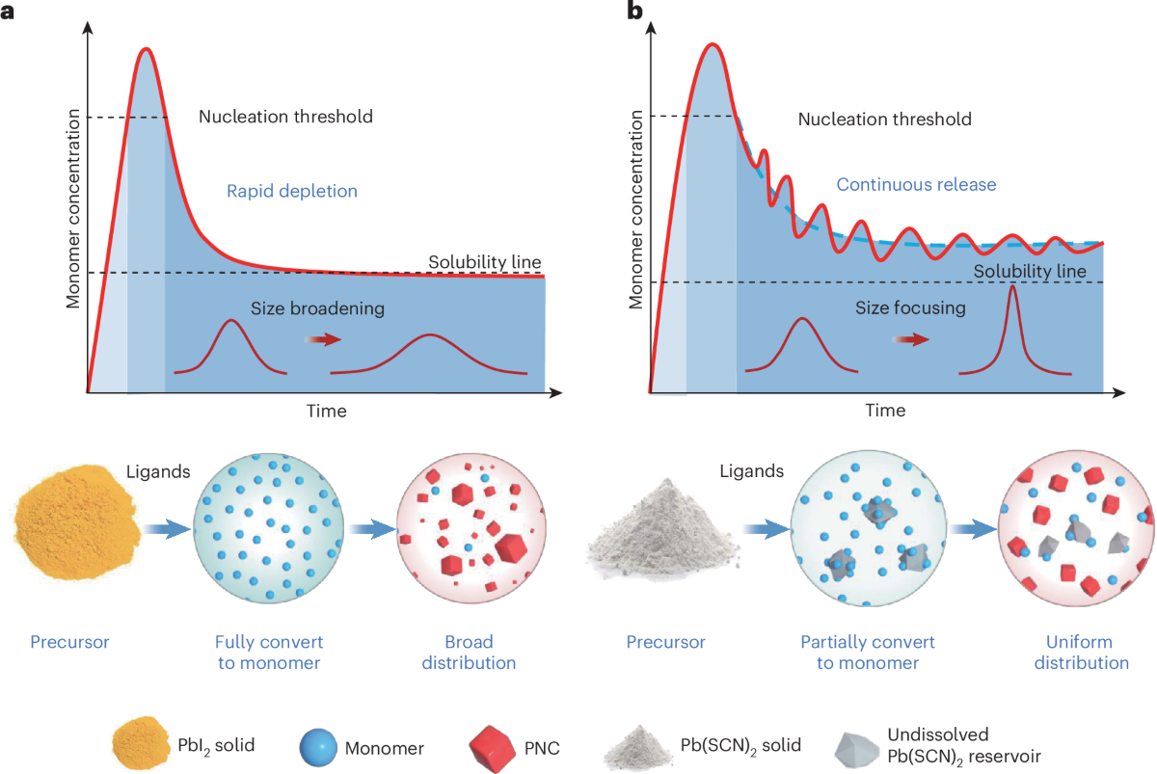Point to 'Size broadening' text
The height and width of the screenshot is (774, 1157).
(318, 309)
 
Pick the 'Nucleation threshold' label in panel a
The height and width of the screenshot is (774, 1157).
(285, 117)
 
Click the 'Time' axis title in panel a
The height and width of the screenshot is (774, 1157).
(326, 411)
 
